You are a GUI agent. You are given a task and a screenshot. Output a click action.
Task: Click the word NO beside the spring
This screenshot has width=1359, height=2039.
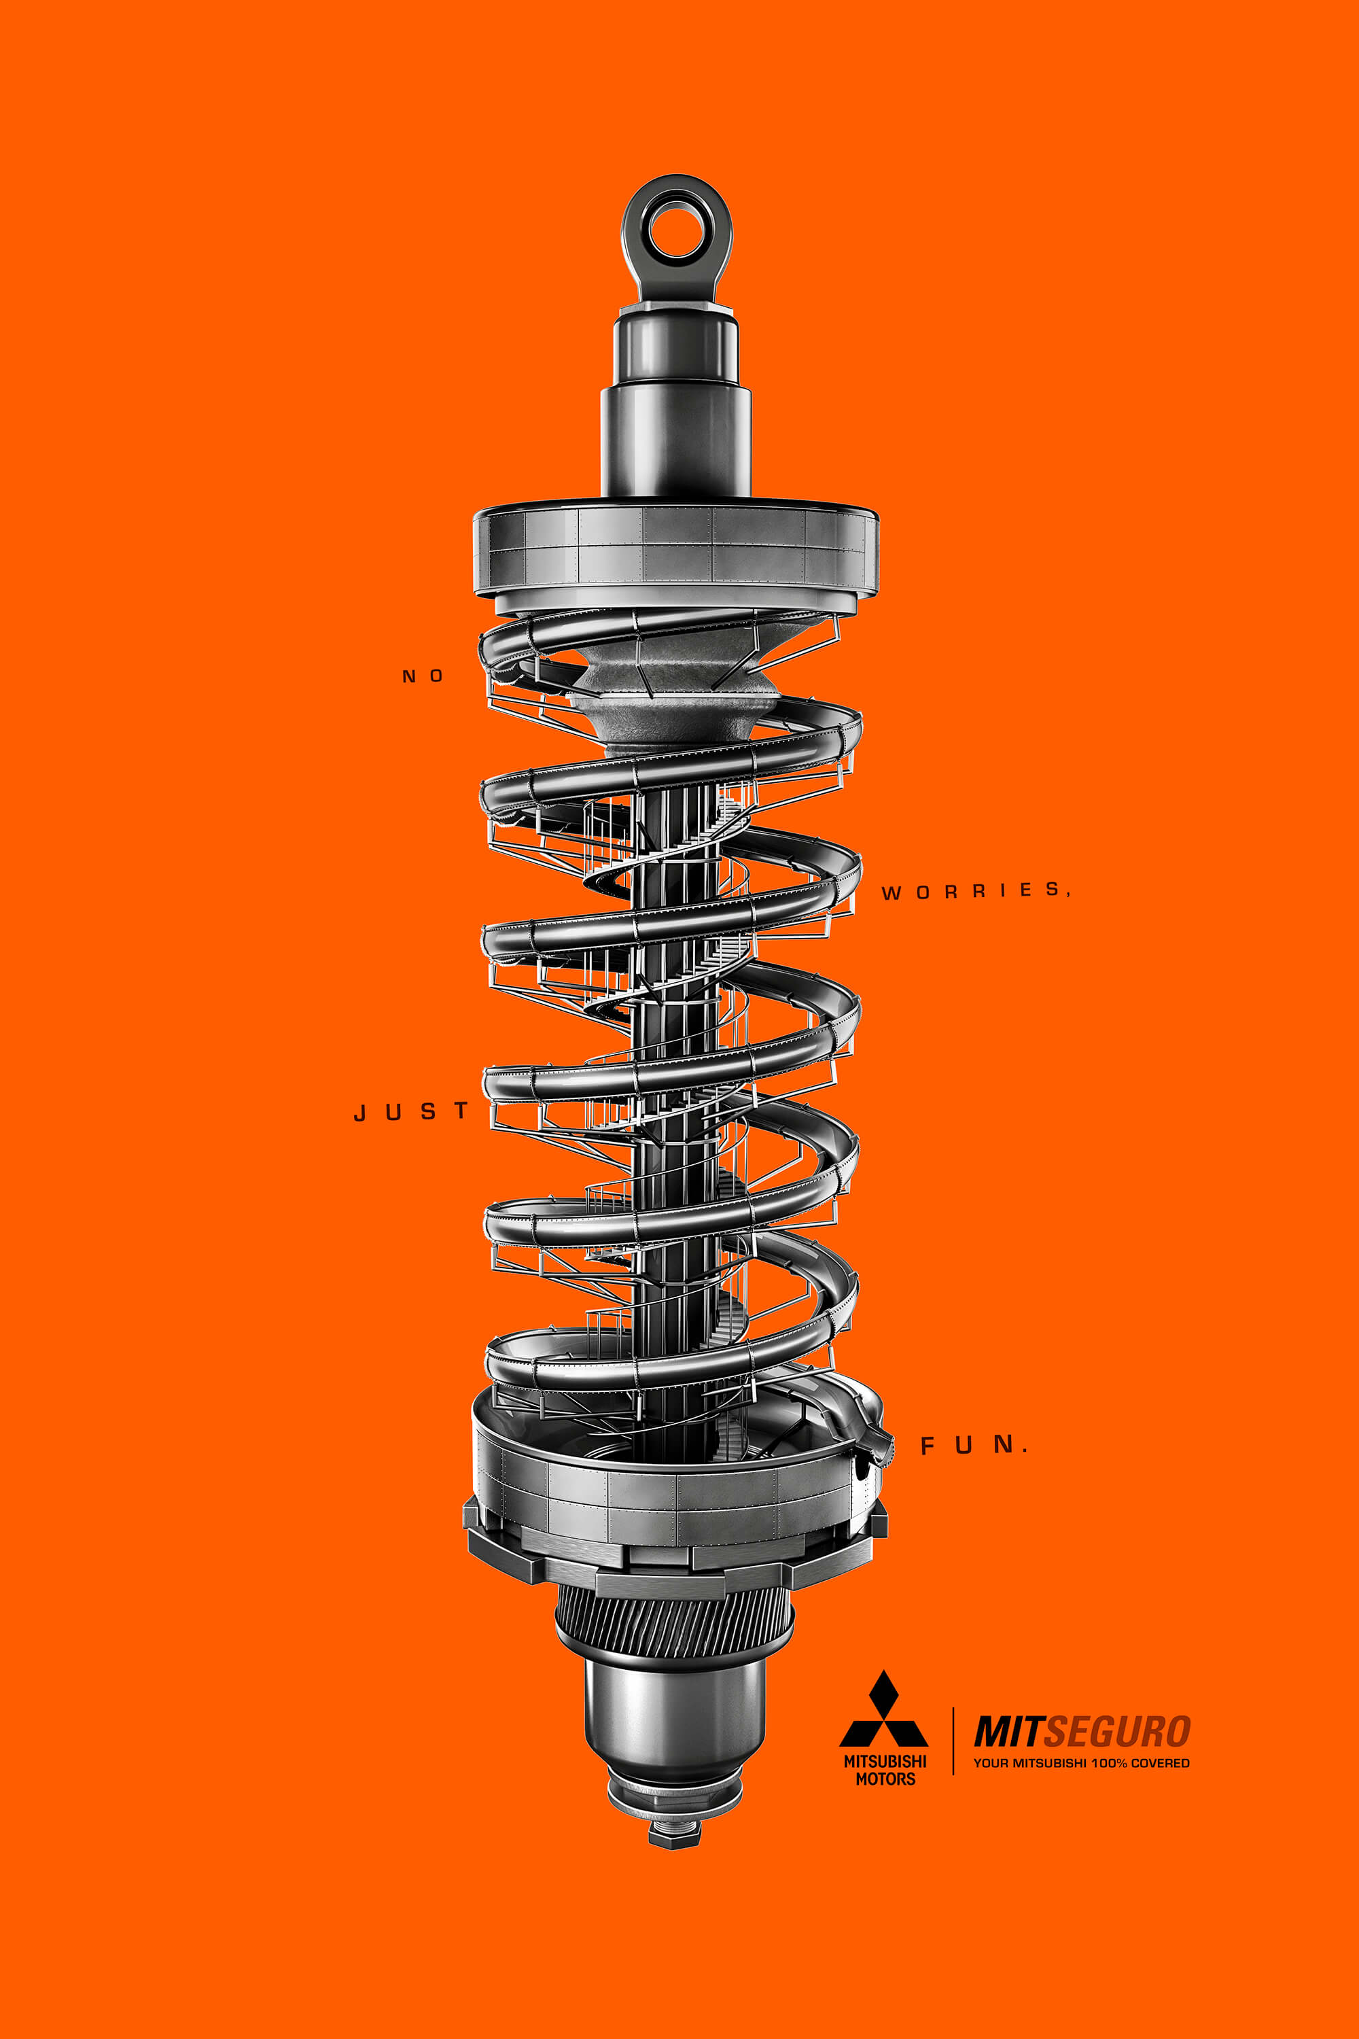click(x=423, y=676)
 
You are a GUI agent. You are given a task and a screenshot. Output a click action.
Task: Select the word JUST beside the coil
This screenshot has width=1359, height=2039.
click(x=411, y=1111)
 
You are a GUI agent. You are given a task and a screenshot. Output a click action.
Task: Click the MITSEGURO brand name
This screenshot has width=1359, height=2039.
click(x=1082, y=1732)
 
